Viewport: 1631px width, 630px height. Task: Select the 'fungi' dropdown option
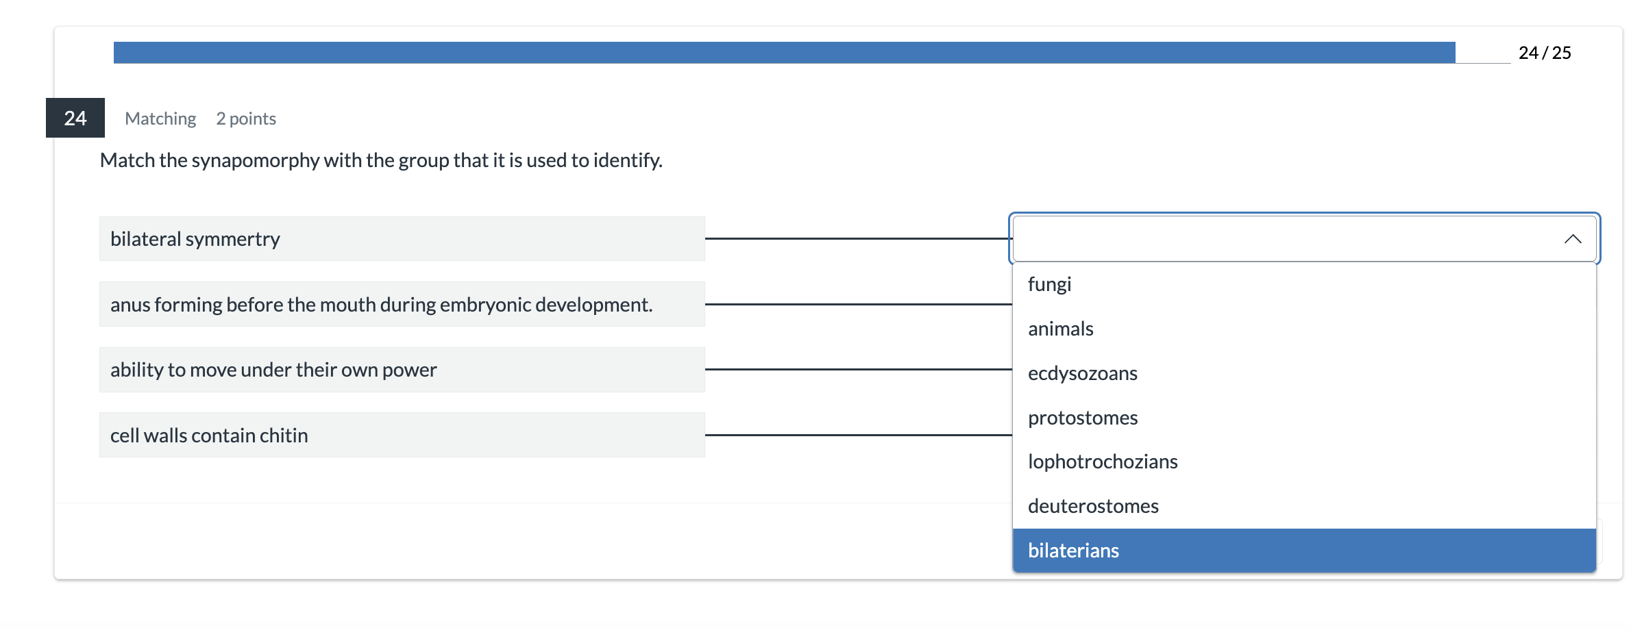coord(1304,284)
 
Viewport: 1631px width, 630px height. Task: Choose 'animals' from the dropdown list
coord(1304,329)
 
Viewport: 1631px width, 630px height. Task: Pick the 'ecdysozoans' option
coord(1304,373)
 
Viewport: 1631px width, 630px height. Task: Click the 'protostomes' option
coord(1304,418)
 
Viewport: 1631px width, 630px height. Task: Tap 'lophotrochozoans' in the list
coord(1304,462)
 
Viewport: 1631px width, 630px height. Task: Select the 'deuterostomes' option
coord(1304,506)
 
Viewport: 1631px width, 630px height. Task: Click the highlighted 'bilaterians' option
coord(1304,551)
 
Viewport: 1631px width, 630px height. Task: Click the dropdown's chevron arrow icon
coord(1573,239)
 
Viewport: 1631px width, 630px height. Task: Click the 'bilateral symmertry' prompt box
coord(402,239)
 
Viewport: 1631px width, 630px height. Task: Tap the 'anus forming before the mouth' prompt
coord(402,304)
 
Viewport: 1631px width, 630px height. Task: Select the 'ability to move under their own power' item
coord(402,370)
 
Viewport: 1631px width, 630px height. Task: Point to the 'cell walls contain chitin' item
coord(402,435)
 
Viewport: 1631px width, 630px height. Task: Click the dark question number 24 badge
coord(75,118)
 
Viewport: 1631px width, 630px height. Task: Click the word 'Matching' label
coord(160,118)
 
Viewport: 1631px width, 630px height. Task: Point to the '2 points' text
coord(246,118)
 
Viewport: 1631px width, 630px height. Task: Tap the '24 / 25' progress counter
coord(1545,53)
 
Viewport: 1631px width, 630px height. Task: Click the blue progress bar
coord(784,53)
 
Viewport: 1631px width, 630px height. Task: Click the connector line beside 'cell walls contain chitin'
coord(859,435)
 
